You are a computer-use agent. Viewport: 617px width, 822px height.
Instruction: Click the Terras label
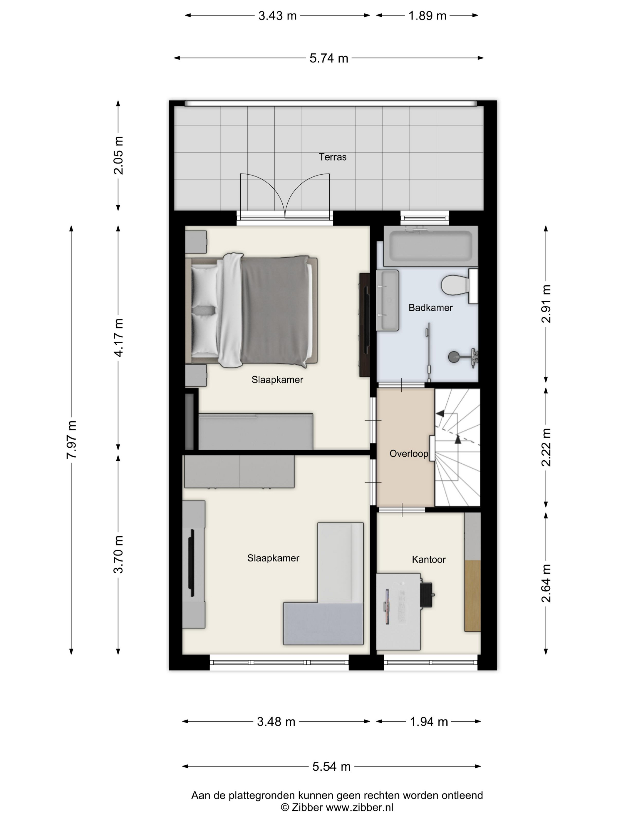coord(333,157)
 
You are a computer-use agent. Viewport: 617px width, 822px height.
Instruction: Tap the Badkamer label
coord(430,308)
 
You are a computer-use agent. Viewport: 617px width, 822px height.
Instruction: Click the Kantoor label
coord(428,560)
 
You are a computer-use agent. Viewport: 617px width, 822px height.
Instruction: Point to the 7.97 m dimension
coord(71,439)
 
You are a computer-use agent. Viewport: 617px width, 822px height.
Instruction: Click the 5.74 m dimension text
coord(329,58)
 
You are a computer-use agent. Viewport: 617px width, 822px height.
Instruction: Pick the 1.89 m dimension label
coord(427,16)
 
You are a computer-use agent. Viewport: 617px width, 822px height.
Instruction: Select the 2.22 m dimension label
coord(546,447)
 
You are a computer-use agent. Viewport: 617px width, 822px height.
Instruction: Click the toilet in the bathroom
coord(459,285)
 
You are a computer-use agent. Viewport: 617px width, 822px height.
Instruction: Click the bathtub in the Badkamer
coord(430,246)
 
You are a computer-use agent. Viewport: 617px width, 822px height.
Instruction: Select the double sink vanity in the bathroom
coord(388,300)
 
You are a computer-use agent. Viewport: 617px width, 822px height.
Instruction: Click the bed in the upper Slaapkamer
coord(252,311)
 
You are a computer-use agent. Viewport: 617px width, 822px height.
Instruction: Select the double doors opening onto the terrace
coord(285,196)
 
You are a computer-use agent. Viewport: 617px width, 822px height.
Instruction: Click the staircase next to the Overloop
coord(457,447)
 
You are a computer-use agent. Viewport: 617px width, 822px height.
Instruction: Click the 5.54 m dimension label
coord(331,767)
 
